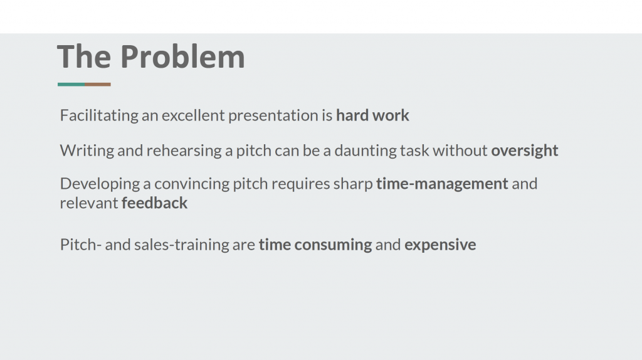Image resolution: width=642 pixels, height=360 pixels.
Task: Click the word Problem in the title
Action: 182,56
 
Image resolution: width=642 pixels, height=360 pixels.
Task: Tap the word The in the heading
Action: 84,56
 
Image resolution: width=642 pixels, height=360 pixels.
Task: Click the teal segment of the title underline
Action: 71,85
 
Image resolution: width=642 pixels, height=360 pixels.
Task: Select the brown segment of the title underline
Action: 98,85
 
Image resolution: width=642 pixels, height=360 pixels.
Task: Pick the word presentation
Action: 273,116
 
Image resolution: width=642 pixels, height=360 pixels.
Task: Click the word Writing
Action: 87,151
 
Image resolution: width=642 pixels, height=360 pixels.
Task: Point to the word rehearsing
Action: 184,151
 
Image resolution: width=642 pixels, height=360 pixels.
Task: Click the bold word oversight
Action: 525,151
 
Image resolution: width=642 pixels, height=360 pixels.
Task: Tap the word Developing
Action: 100,184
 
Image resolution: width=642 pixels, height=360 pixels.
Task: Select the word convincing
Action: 192,184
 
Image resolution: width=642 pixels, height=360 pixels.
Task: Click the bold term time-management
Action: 442,184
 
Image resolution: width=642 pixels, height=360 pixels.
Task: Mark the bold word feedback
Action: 154,203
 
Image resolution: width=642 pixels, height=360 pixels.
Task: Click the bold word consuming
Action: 333,245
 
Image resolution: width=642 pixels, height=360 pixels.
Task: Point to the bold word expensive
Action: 440,245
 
